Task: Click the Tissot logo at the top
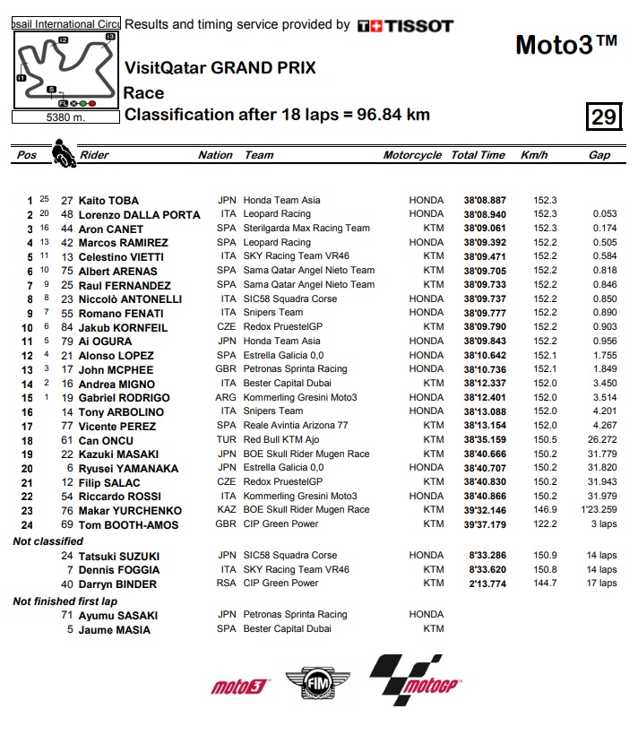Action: (405, 26)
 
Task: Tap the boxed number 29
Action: (603, 117)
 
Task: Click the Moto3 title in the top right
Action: (566, 45)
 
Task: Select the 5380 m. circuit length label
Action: (65, 117)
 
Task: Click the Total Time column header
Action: (478, 155)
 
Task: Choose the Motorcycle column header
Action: (412, 155)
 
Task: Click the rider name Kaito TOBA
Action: (108, 200)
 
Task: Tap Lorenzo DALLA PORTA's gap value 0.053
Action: (604, 214)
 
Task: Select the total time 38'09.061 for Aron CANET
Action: (485, 229)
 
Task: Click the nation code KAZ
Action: (227, 510)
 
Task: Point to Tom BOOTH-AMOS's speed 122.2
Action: (545, 524)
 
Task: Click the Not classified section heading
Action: (47, 541)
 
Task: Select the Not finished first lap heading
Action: (65, 601)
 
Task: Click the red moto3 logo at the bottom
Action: (240, 687)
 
